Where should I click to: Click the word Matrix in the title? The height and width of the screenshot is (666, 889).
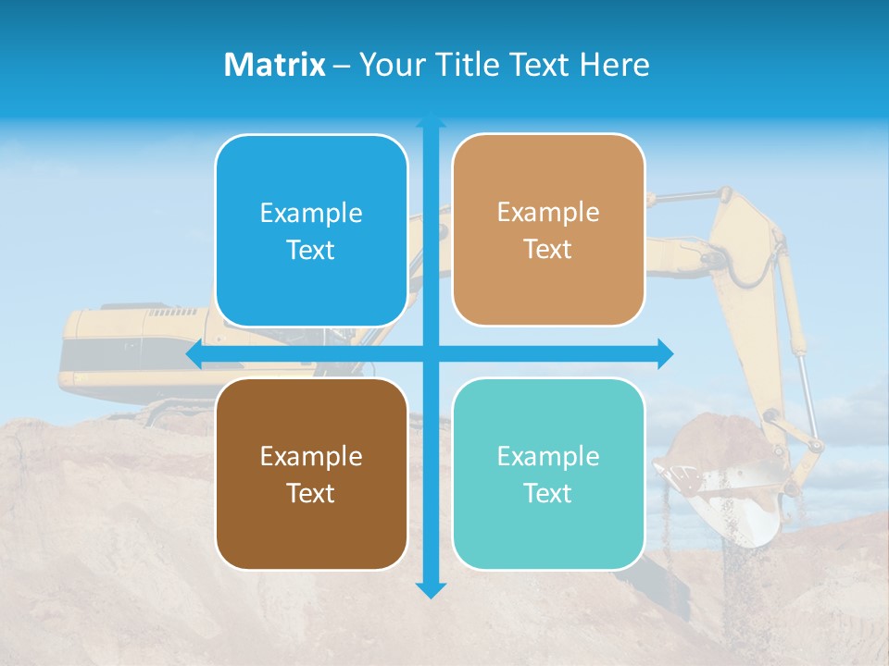(275, 65)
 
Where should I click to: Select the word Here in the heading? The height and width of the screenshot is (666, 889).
(615, 65)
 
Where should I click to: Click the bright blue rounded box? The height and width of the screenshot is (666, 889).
(311, 231)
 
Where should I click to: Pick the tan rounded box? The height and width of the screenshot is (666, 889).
(548, 230)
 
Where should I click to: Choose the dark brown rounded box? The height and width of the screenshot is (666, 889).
(311, 474)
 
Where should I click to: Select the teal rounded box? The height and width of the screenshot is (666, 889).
(548, 474)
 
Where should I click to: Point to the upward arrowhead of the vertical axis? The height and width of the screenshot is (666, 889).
(431, 119)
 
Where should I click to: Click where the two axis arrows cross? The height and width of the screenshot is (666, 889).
(431, 354)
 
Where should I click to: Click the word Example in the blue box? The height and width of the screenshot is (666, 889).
(311, 214)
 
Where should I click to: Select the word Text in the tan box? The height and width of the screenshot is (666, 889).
(548, 250)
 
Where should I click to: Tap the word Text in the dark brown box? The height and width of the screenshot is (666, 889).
(311, 493)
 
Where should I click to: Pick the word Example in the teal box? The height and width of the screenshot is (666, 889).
(548, 456)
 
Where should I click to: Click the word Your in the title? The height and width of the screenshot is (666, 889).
(389, 65)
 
